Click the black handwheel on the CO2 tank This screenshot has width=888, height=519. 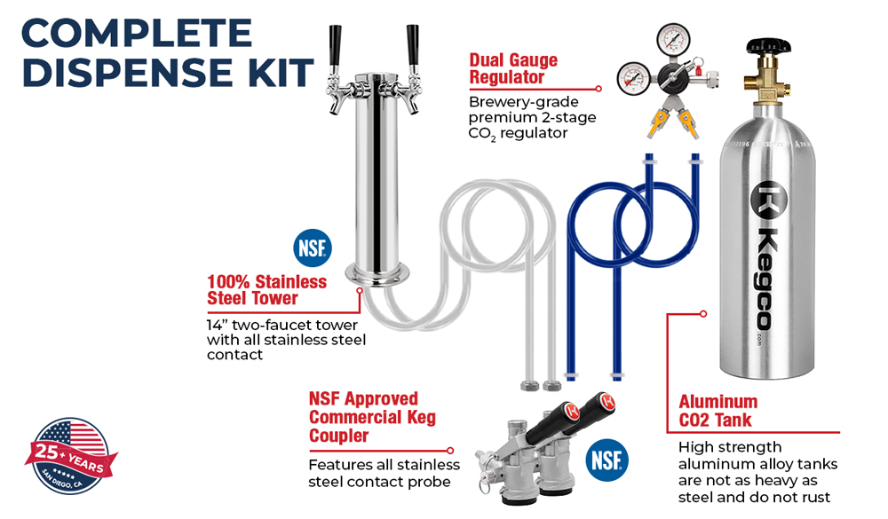[768, 45]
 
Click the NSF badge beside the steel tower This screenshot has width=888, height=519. [312, 248]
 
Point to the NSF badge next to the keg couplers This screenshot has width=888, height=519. [607, 460]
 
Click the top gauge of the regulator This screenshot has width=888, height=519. [673, 38]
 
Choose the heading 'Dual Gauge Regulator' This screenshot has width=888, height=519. [513, 68]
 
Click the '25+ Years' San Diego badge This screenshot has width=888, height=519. [70, 456]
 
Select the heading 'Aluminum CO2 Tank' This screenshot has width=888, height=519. [718, 411]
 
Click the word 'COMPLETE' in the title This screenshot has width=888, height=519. [137, 34]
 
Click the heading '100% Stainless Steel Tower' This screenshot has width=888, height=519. [266, 290]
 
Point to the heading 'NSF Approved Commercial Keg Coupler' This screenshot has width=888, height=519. [372, 417]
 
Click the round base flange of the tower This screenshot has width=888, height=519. [378, 274]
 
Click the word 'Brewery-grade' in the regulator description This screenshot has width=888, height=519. [524, 102]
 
